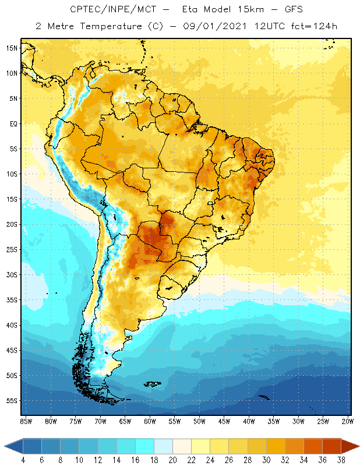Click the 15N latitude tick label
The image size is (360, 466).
(x=12, y=48)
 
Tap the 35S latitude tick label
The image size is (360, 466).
(x=12, y=300)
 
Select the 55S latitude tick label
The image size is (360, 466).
(x=12, y=401)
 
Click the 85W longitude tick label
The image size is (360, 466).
(x=26, y=421)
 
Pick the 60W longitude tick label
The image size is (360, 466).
(x=150, y=421)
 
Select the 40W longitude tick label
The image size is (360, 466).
(x=249, y=421)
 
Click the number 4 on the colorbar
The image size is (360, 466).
(x=23, y=460)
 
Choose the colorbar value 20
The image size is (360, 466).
(x=173, y=460)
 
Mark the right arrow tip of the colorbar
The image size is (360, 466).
(x=358, y=446)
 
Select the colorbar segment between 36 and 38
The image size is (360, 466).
(x=331, y=446)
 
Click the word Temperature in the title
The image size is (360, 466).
(x=110, y=26)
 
